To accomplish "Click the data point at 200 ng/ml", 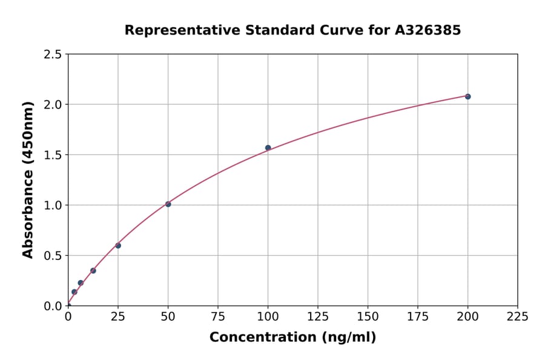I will (467, 96).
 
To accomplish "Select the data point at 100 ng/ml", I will (268, 148).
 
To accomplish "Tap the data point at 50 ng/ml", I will (168, 204).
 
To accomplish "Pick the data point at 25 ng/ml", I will (118, 245).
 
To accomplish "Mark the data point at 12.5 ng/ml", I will (93, 271).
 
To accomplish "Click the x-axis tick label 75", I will (218, 316).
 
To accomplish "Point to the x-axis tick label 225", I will (517, 316).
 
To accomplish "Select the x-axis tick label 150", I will (368, 316).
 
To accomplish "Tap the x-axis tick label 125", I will (318, 316).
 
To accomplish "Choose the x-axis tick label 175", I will (417, 316).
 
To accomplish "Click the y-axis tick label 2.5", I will (53, 55).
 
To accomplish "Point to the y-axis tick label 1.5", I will (53, 155).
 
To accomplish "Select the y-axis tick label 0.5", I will (53, 256).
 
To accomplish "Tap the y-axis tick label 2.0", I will (53, 105).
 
